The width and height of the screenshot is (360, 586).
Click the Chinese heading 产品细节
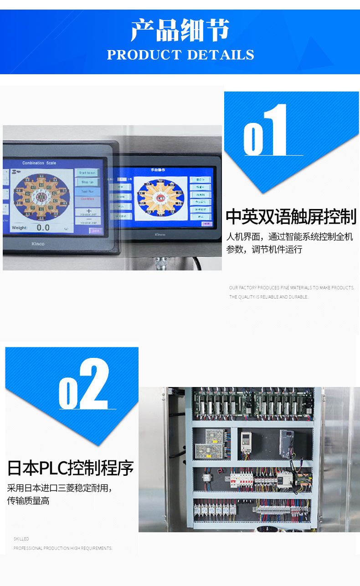(x=180, y=31)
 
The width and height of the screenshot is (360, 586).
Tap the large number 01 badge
(x=267, y=132)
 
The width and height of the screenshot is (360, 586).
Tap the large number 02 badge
(x=84, y=385)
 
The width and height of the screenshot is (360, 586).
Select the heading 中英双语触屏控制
(x=291, y=217)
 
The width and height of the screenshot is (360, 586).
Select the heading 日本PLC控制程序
(x=71, y=468)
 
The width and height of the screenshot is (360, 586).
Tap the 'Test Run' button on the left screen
(x=87, y=192)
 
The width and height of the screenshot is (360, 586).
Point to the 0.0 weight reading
(x=43, y=227)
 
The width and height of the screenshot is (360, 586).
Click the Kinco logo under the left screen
(x=38, y=244)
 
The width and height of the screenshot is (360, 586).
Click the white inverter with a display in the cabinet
(x=246, y=441)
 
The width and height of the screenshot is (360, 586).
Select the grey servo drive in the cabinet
(x=287, y=443)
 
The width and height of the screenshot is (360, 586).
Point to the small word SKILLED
(x=21, y=539)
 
